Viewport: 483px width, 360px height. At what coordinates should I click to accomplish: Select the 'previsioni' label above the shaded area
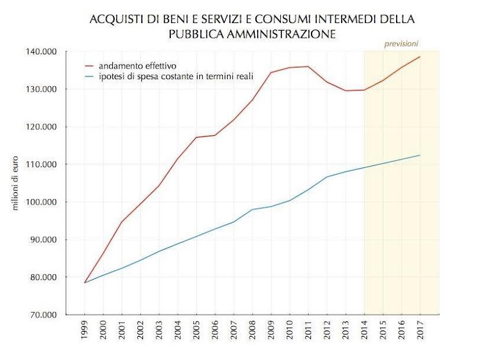[401, 44]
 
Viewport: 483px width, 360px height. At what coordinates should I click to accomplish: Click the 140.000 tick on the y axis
[41, 52]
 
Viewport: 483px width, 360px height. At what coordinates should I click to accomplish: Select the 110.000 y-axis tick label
[41, 164]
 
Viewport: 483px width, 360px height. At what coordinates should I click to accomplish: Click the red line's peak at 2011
[309, 66]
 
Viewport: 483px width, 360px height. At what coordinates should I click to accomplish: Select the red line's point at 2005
[196, 137]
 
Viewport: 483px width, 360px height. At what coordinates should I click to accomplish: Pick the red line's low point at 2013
[345, 90]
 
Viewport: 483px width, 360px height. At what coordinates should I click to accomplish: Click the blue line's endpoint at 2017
[420, 155]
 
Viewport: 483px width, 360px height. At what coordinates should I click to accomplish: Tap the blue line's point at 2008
[252, 209]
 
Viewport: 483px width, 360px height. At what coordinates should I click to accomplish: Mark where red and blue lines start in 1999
[85, 283]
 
